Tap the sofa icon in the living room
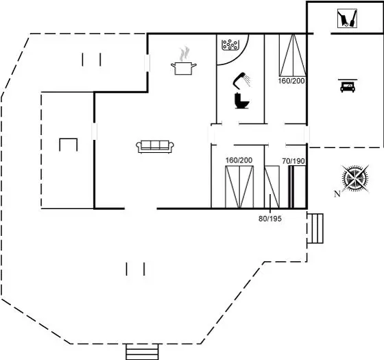point(155,147)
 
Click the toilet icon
point(241,100)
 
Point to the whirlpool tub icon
point(230,45)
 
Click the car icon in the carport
point(348,86)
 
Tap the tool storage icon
point(347,19)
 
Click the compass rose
point(355,178)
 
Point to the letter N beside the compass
point(337,194)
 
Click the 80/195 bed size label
point(270,219)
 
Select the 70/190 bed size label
point(293,161)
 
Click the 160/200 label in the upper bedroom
point(291,81)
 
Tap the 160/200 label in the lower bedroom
point(239,160)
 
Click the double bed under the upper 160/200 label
point(293,55)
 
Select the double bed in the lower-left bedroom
point(239,187)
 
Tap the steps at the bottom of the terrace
point(143,352)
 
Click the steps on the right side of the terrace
point(315,228)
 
